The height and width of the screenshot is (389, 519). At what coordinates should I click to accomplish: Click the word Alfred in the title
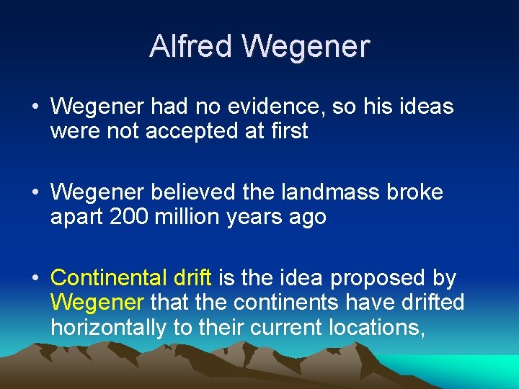pos(191,46)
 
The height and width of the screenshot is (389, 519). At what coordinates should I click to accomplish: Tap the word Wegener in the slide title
pos(306,46)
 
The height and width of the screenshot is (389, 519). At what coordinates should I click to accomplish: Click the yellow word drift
pos(192,277)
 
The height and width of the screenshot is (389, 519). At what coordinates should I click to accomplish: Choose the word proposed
pos(376,278)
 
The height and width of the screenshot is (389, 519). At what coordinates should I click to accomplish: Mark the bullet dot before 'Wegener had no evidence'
pos(35,107)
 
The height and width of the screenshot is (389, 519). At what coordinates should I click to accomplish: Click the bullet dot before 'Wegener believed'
pos(35,193)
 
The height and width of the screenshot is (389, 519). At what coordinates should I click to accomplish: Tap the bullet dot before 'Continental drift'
pos(35,278)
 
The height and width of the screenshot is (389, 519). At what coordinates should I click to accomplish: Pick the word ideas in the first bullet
pos(426,107)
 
